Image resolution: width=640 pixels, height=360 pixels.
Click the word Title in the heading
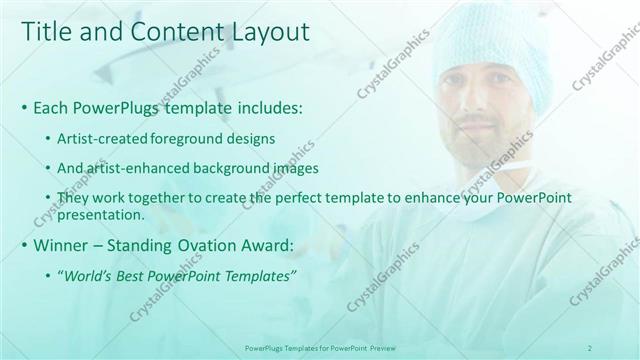click(x=46, y=32)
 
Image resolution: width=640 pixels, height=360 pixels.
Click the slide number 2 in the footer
click(x=590, y=347)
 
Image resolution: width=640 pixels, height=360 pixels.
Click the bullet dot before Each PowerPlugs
click(x=24, y=107)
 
